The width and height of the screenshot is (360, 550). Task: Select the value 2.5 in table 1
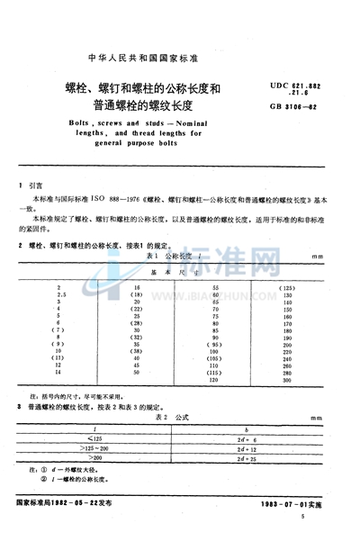point(61,293)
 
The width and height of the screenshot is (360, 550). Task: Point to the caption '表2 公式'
point(184,419)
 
